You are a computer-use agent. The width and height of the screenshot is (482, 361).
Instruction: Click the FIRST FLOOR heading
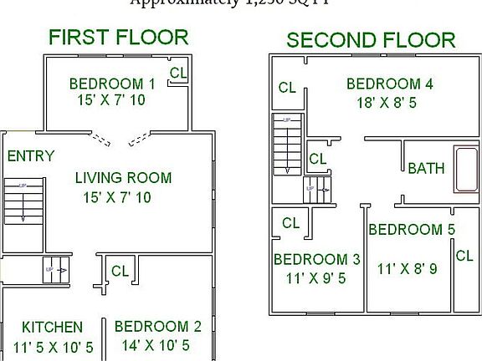pyautogui.click(x=118, y=37)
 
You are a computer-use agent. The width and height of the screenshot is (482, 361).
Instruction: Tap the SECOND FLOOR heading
pyautogui.click(x=371, y=39)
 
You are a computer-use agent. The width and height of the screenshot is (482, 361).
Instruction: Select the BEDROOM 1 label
pyautogui.click(x=112, y=84)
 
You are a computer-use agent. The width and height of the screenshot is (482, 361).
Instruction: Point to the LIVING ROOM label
pyautogui.click(x=123, y=177)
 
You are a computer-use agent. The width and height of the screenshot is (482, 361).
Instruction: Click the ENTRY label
pyautogui.click(x=31, y=156)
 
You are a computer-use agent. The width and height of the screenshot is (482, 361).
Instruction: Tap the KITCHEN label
pyautogui.click(x=52, y=327)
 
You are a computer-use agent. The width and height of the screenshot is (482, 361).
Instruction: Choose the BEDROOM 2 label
pyautogui.click(x=157, y=327)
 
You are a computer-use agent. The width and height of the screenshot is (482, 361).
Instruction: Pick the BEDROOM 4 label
pyautogui.click(x=389, y=84)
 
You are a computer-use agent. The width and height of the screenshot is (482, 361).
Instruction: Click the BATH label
pyautogui.click(x=426, y=169)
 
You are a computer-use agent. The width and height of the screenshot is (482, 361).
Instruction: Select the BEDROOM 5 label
pyautogui.click(x=411, y=229)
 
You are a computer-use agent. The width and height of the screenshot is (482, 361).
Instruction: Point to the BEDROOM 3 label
pyautogui.click(x=316, y=259)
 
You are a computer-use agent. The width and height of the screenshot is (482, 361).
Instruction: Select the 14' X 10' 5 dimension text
pyautogui.click(x=156, y=345)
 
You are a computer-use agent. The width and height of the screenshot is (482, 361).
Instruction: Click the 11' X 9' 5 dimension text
pyautogui.click(x=315, y=278)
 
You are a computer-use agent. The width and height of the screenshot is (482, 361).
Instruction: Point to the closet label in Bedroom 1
pyautogui.click(x=177, y=73)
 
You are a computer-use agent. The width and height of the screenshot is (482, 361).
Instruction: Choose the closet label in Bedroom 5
pyautogui.click(x=464, y=257)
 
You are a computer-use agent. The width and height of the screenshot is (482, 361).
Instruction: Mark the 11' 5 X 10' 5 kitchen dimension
pyautogui.click(x=53, y=346)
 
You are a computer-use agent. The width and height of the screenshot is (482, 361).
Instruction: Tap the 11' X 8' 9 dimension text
pyautogui.click(x=408, y=269)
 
